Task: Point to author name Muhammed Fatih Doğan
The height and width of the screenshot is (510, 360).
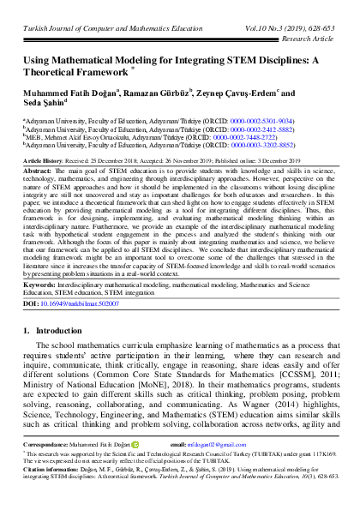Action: [x=65, y=94]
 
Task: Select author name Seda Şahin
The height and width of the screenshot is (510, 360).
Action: [x=45, y=106]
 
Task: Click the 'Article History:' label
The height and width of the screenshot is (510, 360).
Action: [x=45, y=160]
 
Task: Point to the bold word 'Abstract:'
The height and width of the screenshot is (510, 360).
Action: [x=39, y=171]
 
